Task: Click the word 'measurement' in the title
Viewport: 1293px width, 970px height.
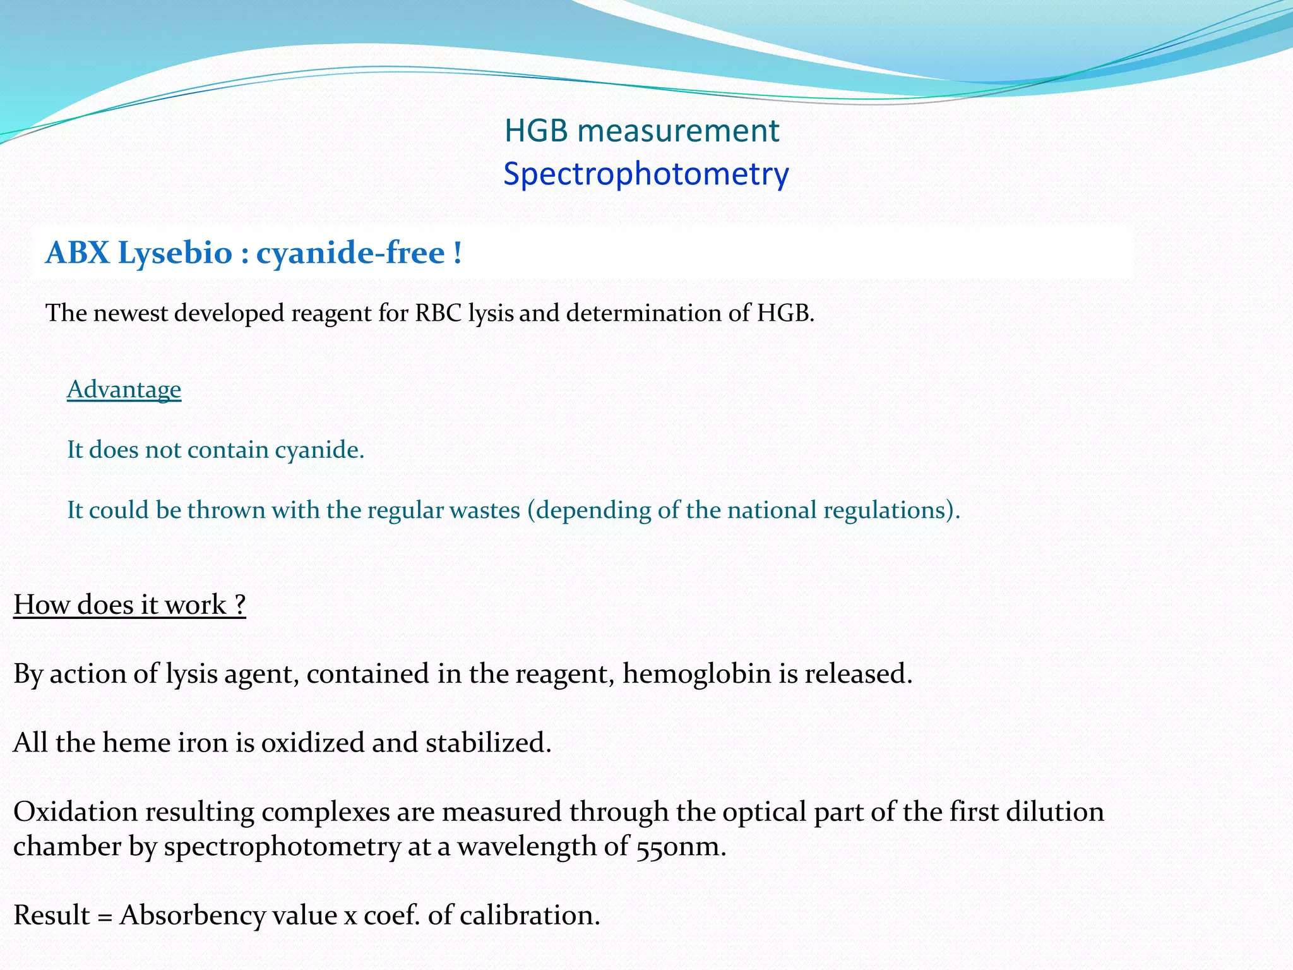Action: click(678, 131)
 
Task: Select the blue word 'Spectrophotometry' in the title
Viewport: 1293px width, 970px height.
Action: click(646, 174)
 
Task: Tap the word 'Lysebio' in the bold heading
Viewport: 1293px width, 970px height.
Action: click(175, 253)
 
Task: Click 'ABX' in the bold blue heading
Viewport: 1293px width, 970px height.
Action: click(77, 253)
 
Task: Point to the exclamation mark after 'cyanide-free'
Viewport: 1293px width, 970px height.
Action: click(457, 253)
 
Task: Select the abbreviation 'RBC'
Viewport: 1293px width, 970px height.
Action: click(438, 313)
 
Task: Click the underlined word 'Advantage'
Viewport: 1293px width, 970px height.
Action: click(124, 390)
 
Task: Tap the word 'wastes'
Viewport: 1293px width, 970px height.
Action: click(485, 510)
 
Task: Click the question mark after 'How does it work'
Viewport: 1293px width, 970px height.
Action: click(239, 605)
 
